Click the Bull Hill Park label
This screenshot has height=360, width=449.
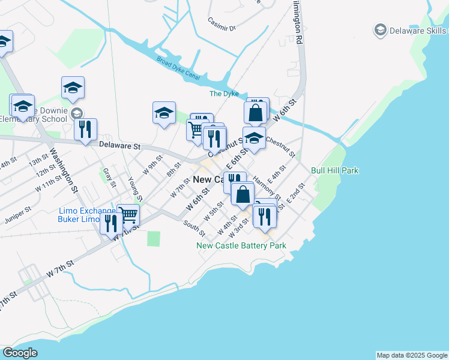coord(334,170)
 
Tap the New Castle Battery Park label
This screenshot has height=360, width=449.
coord(242,245)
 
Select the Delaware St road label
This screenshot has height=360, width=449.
coord(119,145)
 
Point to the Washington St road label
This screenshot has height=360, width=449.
coord(64,170)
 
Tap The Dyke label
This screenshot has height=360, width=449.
coord(224,94)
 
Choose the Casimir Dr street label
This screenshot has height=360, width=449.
coord(223,28)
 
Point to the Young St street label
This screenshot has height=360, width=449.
coord(135,189)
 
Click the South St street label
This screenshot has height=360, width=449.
coord(194,228)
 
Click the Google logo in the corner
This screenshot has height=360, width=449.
coord(20,353)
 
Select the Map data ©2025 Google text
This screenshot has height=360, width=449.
coord(412,355)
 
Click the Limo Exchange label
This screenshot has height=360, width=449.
coord(85,211)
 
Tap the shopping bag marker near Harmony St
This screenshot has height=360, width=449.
coord(242,194)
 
